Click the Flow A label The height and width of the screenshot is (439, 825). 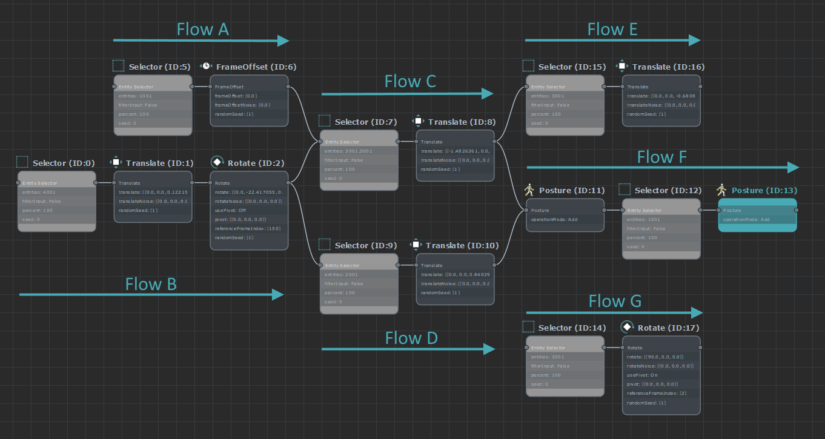coord(202,29)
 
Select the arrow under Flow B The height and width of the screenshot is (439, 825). coord(151,294)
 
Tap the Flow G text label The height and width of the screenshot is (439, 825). coord(615,301)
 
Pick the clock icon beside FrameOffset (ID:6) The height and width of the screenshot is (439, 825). coord(206,66)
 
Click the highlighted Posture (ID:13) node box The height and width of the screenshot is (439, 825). coord(757,215)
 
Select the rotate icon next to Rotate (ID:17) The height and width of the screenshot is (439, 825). coord(628,328)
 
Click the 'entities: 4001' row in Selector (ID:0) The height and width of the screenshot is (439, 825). coord(56,192)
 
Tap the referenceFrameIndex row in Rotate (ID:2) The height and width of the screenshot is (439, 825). coord(248,228)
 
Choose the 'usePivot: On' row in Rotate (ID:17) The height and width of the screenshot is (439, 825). coord(661,375)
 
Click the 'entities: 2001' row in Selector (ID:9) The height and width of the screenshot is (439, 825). coord(359,274)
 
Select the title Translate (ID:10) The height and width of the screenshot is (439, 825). coord(462,245)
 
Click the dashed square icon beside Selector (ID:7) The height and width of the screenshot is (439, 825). coord(325,121)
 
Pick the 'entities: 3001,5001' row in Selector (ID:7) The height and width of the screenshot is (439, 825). coord(359,151)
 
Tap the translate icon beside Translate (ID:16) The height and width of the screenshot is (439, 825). coord(621,66)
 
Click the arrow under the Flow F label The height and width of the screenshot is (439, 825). coord(663,167)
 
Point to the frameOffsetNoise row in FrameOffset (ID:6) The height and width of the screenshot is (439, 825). coord(248,105)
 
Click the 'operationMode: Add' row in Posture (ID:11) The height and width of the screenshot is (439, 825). coord(565,219)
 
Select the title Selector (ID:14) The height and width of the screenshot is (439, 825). coord(572,328)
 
